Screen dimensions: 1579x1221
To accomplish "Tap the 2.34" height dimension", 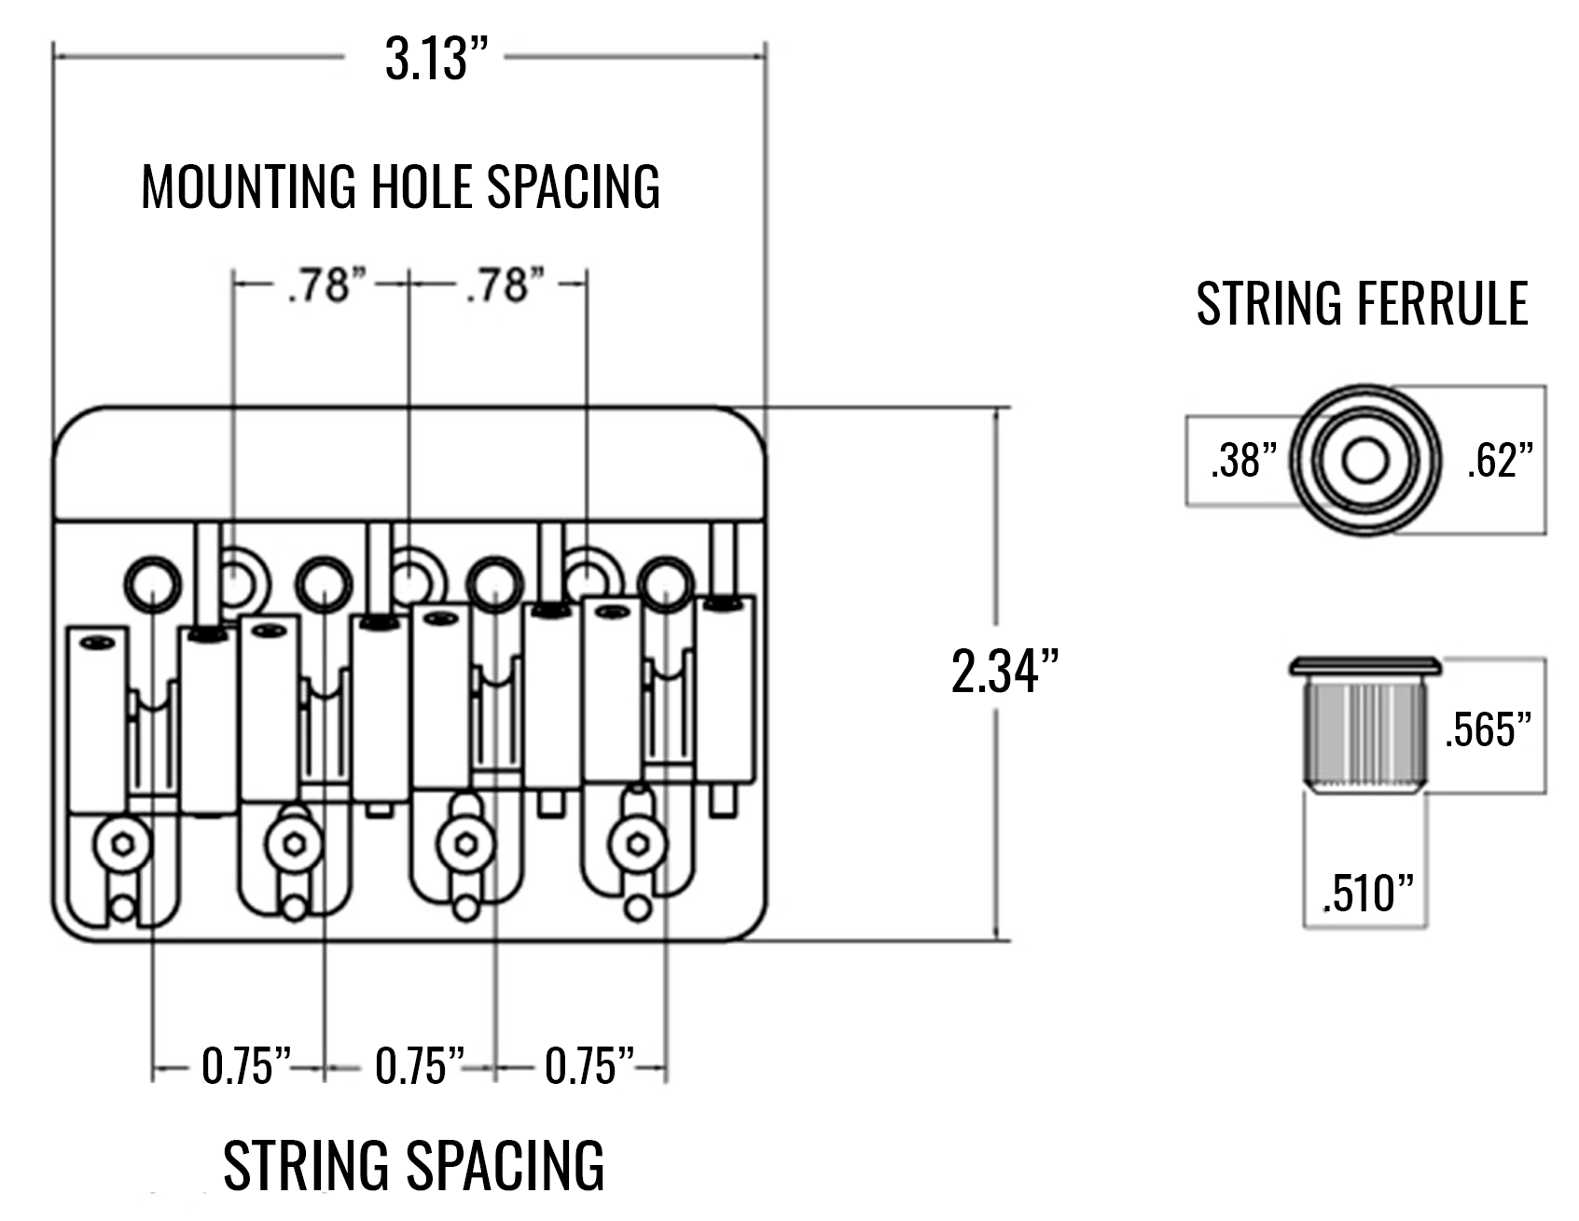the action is (1004, 671).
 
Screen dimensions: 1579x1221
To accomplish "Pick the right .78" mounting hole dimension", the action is (504, 284).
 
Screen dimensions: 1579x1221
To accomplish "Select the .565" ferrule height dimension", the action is (1489, 728).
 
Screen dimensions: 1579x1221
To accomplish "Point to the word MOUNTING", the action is (249, 186).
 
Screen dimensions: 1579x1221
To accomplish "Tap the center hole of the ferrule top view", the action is (1365, 461).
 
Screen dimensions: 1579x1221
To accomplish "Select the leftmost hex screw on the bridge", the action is (122, 845).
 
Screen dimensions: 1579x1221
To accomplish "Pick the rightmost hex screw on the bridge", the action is (639, 845).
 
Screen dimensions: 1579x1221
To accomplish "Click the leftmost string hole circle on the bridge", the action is (152, 585).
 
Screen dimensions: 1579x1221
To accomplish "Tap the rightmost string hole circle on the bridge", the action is (667, 585).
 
